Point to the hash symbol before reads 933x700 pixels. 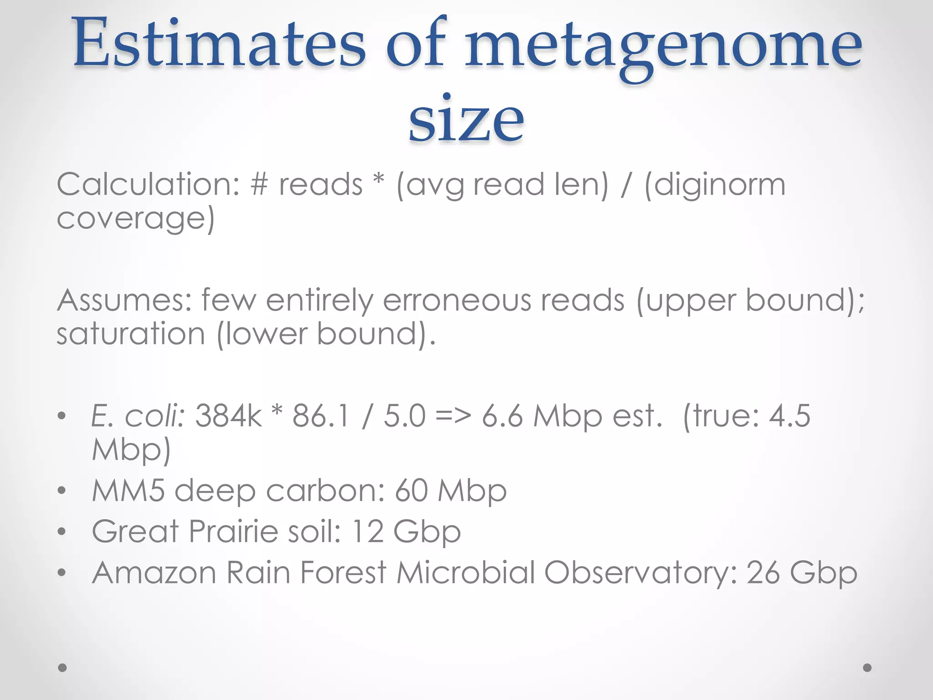click(x=259, y=185)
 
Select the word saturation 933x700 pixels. click(x=131, y=334)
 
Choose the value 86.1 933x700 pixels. click(x=321, y=416)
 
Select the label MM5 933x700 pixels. click(x=128, y=491)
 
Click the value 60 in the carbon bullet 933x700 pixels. click(x=411, y=491)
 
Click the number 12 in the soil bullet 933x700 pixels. click(x=368, y=531)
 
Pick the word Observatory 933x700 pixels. click(x=640, y=573)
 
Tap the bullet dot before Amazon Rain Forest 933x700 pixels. click(x=62, y=573)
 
